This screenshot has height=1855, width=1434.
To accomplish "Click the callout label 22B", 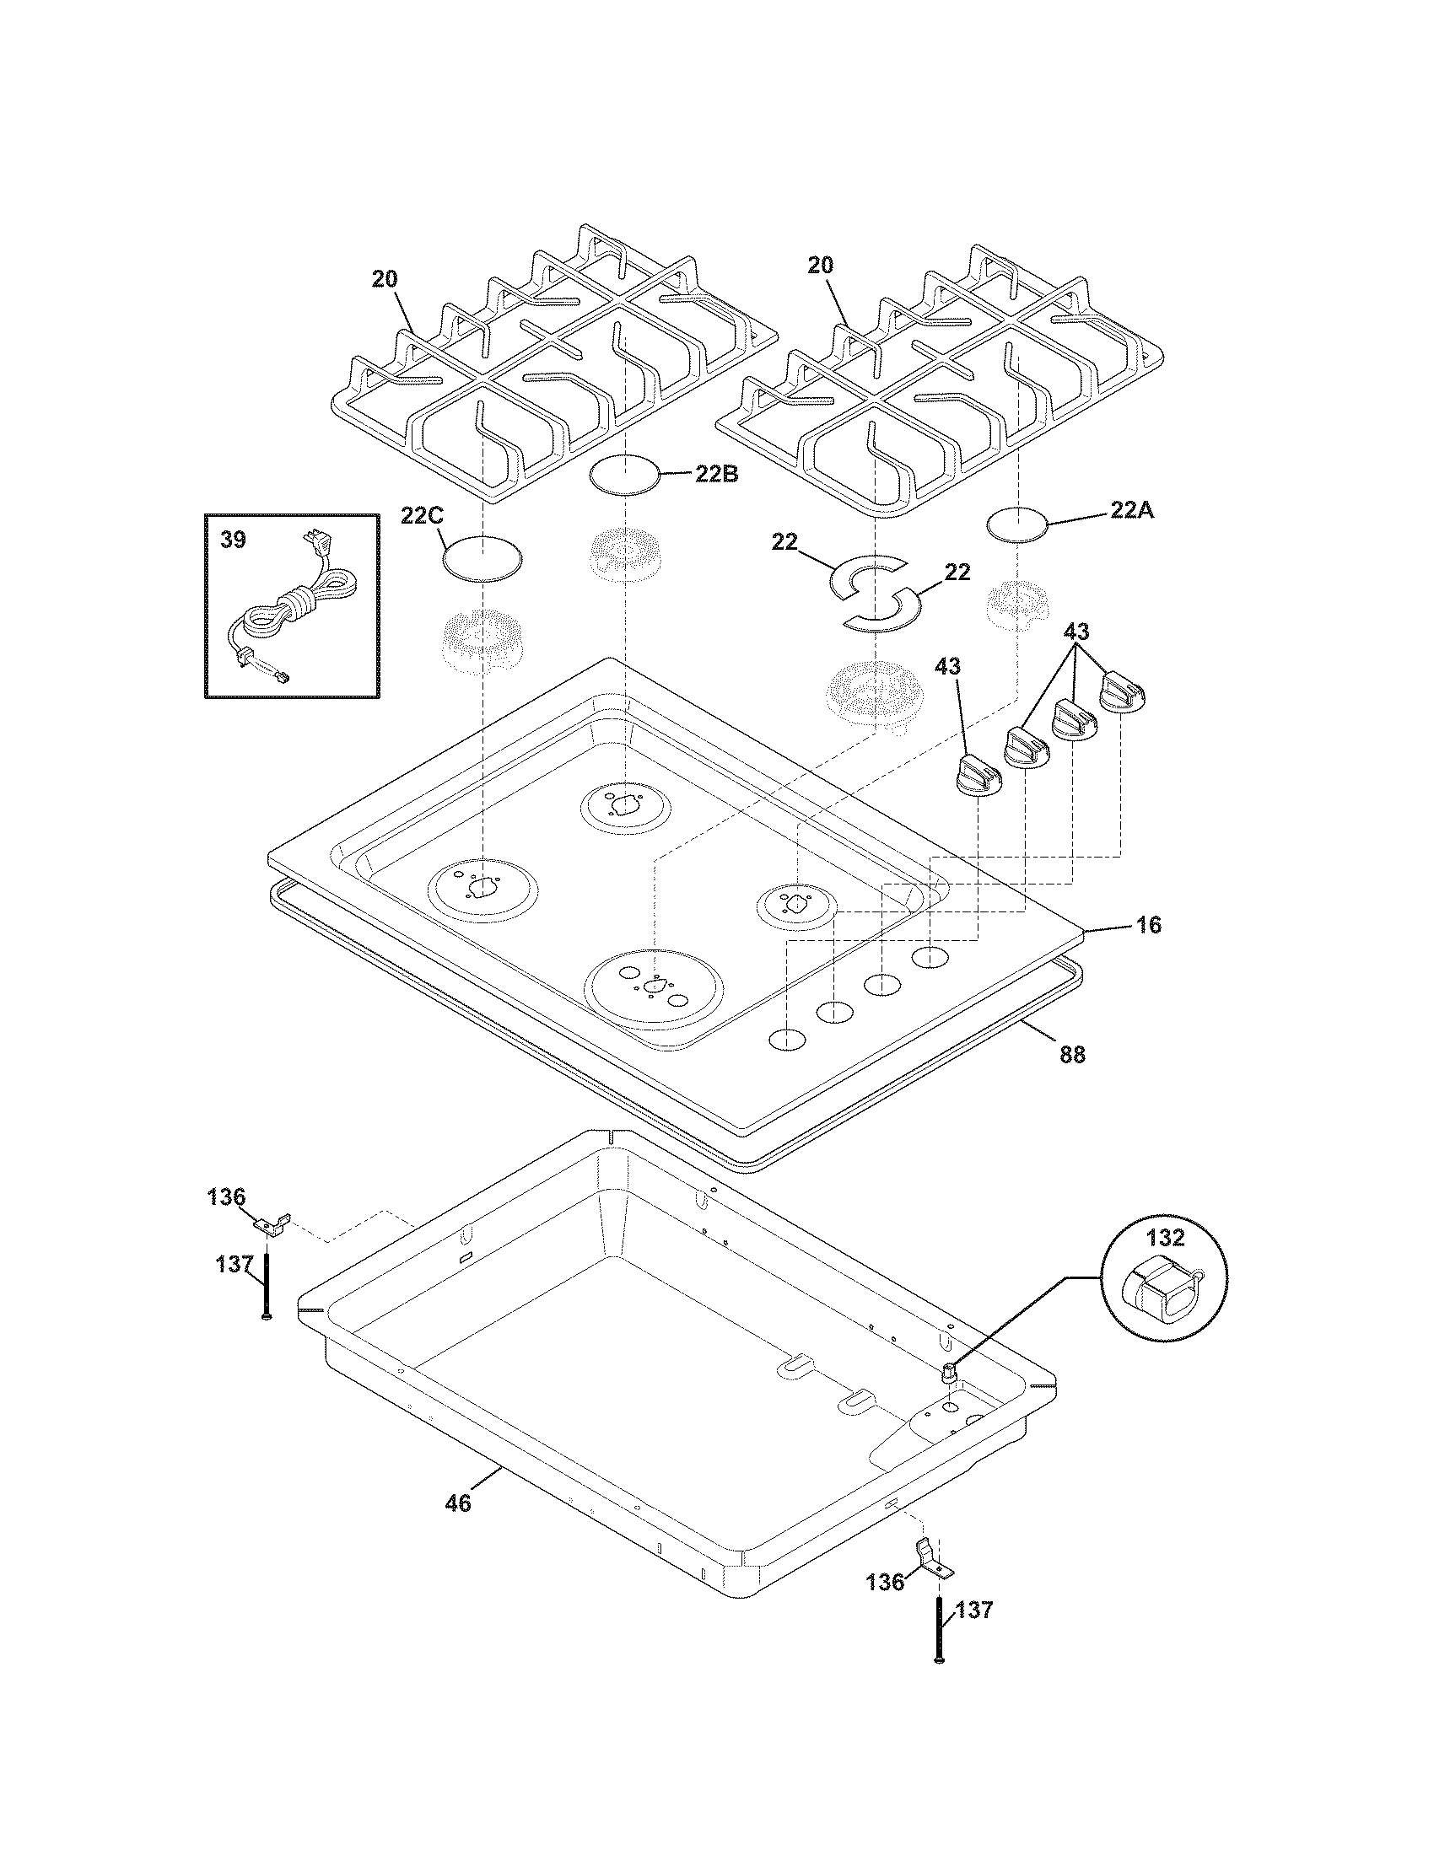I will click(x=716, y=474).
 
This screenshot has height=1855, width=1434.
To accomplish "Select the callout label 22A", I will click(x=1132, y=510).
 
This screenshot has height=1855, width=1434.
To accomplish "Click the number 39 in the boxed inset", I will click(x=233, y=540).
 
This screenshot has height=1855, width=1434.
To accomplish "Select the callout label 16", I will click(x=1149, y=924).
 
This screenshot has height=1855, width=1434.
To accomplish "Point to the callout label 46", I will click(x=457, y=1503).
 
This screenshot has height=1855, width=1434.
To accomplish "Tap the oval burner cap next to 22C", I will click(x=482, y=558).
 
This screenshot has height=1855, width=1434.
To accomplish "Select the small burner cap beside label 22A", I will click(x=1017, y=524).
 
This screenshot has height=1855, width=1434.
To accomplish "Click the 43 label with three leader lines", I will click(x=1076, y=632).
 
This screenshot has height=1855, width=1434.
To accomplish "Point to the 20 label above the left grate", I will click(x=384, y=279).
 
